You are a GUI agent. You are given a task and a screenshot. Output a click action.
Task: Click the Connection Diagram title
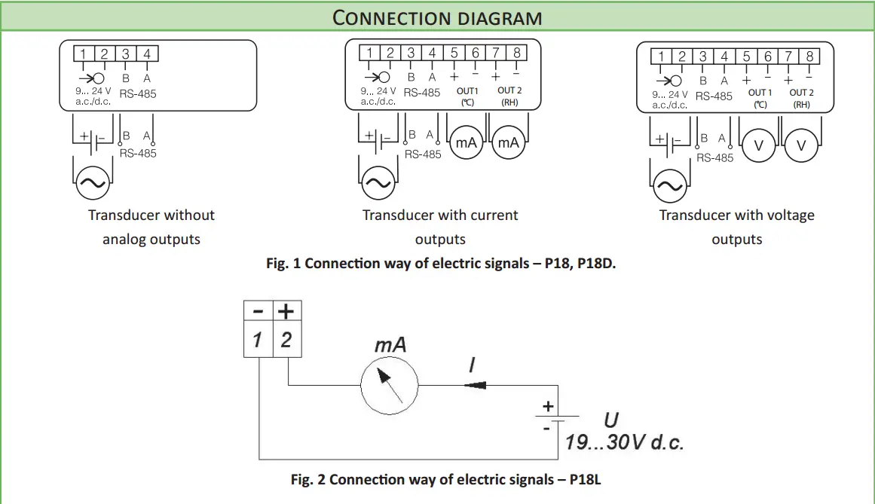(437, 17)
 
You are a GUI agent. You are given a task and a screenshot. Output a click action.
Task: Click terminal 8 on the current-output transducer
(516, 53)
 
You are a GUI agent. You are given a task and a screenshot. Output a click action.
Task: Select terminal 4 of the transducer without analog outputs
(147, 53)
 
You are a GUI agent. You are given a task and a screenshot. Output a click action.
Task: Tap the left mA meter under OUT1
(467, 142)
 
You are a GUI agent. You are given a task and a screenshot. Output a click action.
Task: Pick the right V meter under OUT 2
(801, 146)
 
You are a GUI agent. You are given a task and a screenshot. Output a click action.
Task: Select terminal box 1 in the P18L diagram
(258, 340)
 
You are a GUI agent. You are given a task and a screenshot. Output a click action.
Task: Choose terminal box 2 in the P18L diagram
(286, 340)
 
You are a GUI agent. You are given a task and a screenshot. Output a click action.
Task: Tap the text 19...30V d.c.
(624, 442)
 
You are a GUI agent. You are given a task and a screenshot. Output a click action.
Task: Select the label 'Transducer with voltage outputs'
(736, 227)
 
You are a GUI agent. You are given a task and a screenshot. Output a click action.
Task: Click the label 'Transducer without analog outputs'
(151, 227)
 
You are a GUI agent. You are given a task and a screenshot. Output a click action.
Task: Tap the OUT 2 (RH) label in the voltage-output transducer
(801, 98)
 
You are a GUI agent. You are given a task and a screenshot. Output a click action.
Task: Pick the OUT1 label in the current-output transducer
(467, 91)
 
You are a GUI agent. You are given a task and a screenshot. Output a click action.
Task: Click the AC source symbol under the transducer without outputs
(92, 182)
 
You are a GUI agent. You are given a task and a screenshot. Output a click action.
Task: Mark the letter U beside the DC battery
(611, 420)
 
